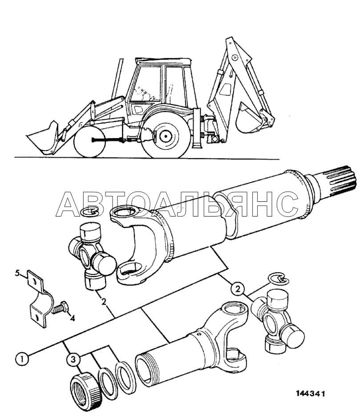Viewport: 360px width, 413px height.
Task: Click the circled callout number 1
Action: pos(22,359)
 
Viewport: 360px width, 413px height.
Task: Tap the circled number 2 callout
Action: pos(237,289)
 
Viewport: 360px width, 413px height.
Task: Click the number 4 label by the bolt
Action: pos(72,318)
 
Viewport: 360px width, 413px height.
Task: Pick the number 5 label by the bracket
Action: pos(17,274)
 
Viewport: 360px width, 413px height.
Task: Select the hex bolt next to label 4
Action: pos(60,308)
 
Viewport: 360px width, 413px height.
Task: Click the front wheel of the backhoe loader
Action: pos(89,143)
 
